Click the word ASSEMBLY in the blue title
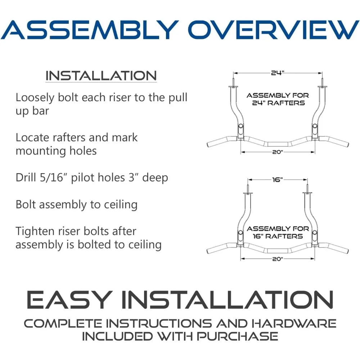tap(90, 30)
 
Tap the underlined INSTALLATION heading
tap(101, 76)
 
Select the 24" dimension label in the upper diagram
tap(278, 73)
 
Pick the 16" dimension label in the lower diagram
tap(278, 180)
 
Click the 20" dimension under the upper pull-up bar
tap(278, 152)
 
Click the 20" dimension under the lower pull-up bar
tap(278, 259)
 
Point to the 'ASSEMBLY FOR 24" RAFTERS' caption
tap(278, 99)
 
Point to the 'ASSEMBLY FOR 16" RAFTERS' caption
tap(278, 232)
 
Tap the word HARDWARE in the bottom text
tap(294, 324)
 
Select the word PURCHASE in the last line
tap(237, 336)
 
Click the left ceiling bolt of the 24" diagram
tap(233, 82)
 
